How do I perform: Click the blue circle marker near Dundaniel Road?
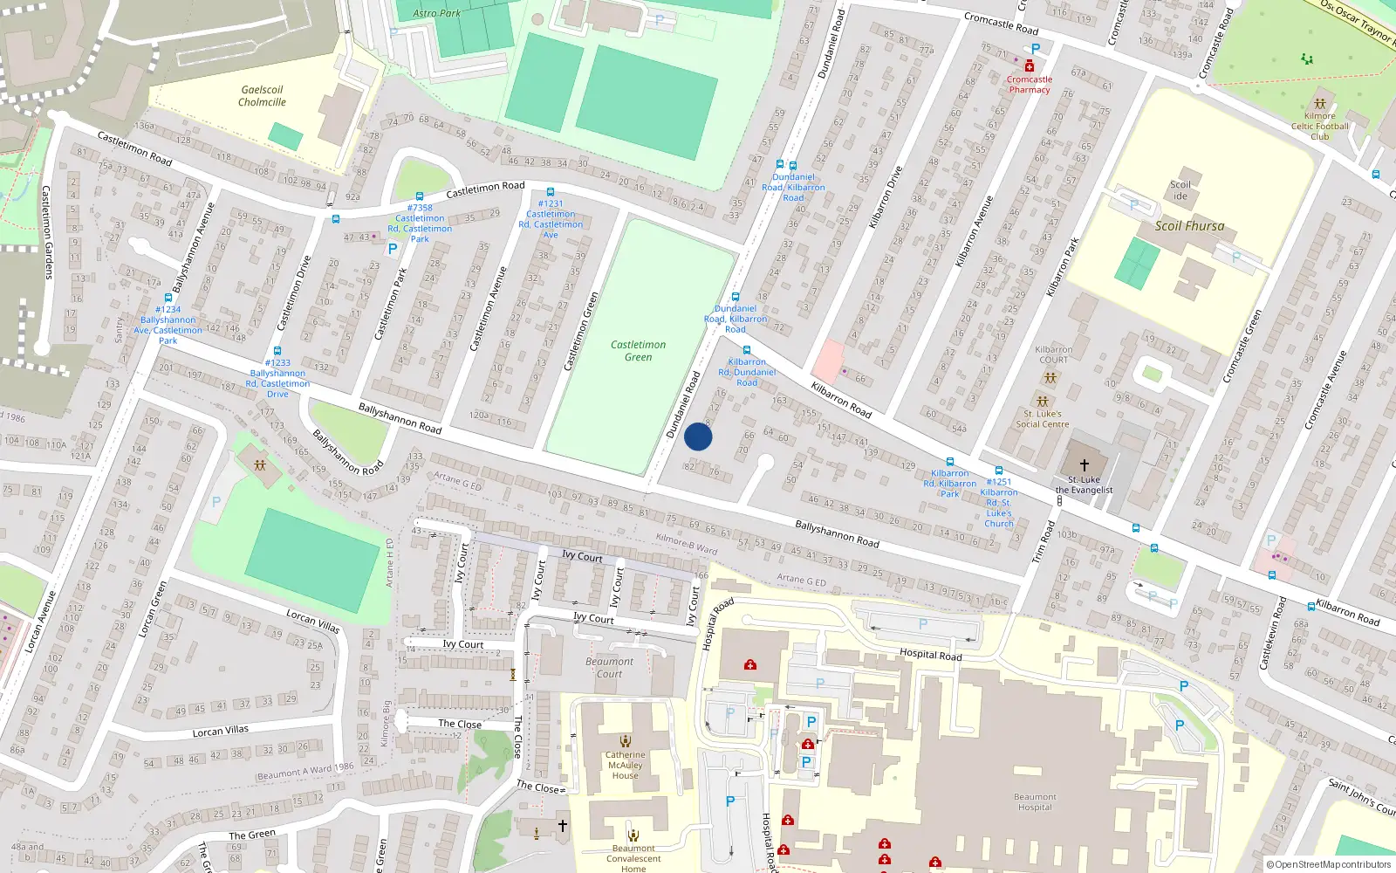coord(698,436)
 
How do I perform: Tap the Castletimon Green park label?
coord(638,351)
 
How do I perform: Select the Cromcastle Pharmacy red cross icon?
coord(1030,66)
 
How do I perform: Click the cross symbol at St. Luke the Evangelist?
coord(1085,465)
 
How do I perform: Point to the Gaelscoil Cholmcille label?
coord(262,96)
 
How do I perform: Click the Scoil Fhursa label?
coord(1189,225)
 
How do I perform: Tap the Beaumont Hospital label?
coord(1035,801)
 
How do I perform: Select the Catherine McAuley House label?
coord(626,765)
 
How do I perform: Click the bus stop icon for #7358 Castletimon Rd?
coord(420,196)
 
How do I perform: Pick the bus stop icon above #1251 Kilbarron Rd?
coord(999,471)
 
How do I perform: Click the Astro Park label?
coord(436,13)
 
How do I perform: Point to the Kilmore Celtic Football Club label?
coord(1319,126)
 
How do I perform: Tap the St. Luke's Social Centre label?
coord(1043,419)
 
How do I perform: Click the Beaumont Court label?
coord(610,668)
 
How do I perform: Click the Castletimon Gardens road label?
coord(47,232)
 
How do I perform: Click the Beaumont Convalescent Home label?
coord(633,858)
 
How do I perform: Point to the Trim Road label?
coord(1044,541)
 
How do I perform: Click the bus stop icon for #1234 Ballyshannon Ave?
coord(168,298)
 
